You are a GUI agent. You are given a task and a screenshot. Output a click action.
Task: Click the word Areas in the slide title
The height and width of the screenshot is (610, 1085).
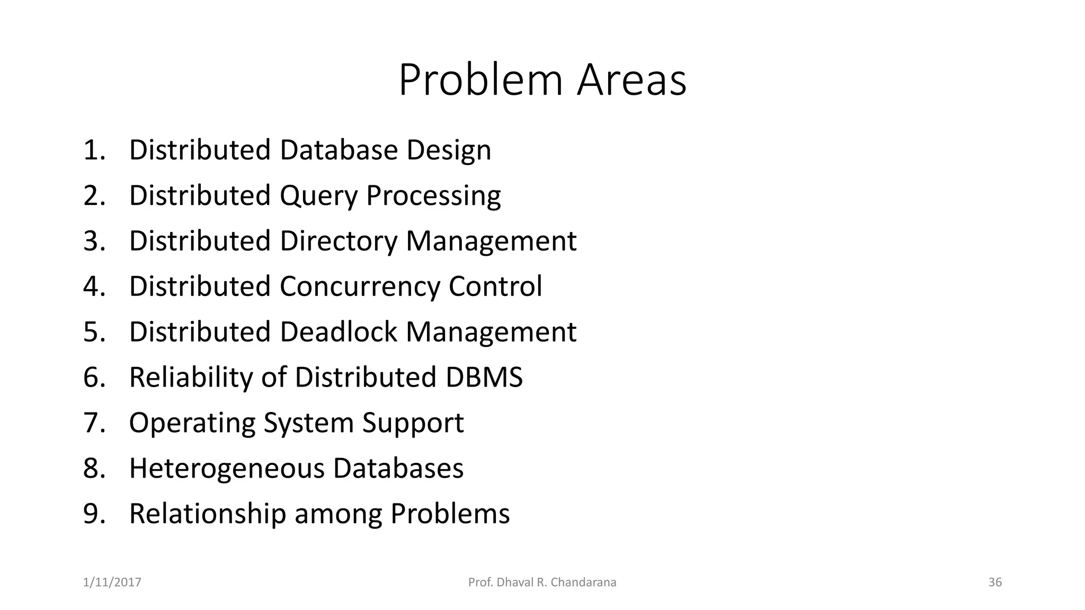pos(632,80)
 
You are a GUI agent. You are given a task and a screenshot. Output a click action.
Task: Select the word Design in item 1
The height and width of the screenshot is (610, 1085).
pos(449,150)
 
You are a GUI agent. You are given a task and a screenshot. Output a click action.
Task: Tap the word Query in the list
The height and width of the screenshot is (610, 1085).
pos(318,196)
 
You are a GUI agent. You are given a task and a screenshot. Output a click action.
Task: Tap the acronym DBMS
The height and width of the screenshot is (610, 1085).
pos(484,378)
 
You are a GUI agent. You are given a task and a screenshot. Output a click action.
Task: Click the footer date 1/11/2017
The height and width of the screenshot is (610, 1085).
pos(112,582)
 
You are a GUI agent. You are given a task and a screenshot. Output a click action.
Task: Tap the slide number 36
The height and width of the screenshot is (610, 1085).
pos(995,582)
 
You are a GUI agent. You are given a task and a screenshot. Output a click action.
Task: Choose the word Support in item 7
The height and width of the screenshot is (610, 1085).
pos(413,423)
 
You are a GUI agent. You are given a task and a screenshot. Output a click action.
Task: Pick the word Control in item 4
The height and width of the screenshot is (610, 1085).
pos(495,286)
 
